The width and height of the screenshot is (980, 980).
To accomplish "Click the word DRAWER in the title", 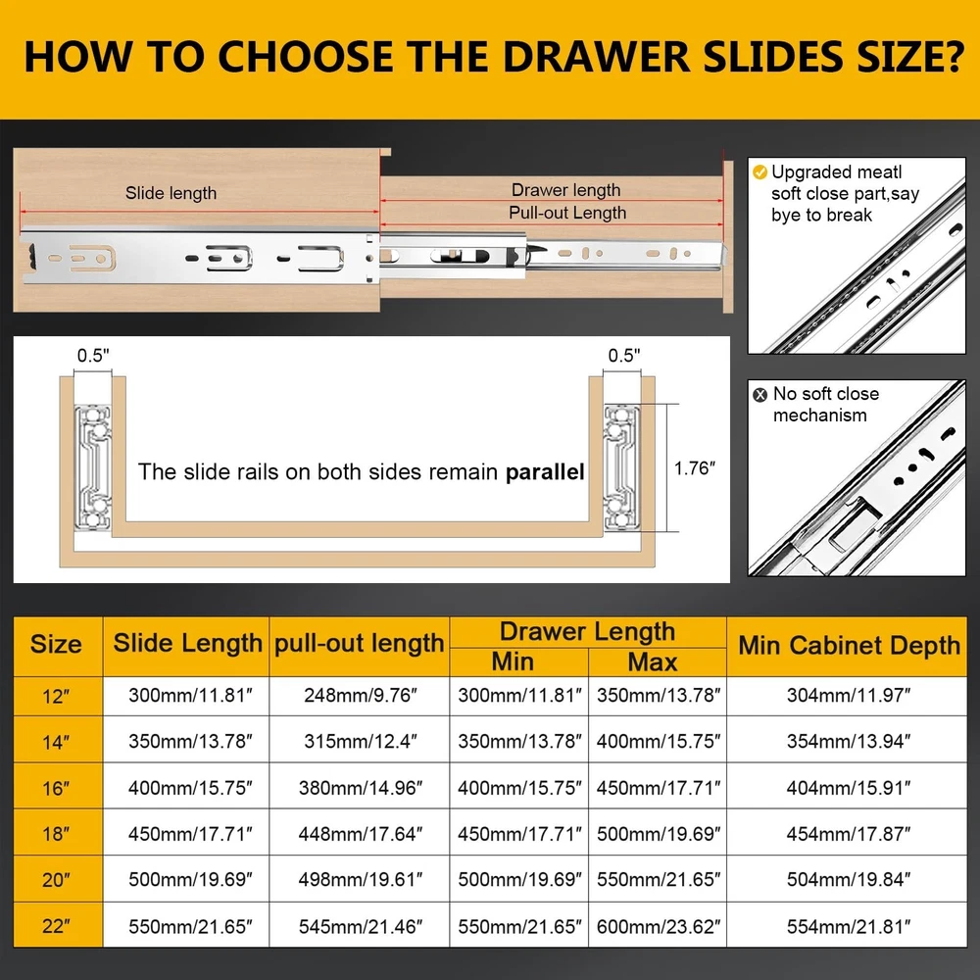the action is [x=596, y=57].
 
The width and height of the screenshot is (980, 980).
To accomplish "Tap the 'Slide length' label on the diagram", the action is [x=171, y=193].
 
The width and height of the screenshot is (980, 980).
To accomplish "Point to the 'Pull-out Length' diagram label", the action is [x=567, y=213].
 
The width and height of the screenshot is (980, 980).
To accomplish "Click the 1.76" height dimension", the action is [x=695, y=468].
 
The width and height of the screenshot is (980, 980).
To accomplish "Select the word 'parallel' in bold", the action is [x=545, y=472].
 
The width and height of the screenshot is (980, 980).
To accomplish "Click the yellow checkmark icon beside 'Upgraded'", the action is [x=760, y=171].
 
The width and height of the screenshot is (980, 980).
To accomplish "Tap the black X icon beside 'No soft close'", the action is [x=760, y=394].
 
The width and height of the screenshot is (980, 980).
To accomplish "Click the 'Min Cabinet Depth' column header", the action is [x=849, y=646].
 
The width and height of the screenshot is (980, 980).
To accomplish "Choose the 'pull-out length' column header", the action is [x=360, y=644].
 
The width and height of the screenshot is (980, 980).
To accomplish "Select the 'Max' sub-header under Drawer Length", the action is [x=653, y=661].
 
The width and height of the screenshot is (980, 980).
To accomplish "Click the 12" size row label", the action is [x=56, y=696].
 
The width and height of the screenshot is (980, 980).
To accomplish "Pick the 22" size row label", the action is [x=56, y=926].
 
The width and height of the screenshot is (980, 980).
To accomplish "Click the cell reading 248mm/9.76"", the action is [x=361, y=695].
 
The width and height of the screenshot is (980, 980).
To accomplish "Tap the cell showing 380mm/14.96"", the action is [x=361, y=788].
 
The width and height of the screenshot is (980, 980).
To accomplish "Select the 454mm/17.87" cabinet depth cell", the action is [x=849, y=834].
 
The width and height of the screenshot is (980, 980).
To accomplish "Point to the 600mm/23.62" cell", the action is [x=659, y=926].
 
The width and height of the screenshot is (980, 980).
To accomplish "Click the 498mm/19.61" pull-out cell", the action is [x=361, y=880].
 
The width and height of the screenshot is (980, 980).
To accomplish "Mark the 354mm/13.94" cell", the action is [x=849, y=741].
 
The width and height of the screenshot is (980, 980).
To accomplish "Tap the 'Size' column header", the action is [x=56, y=645].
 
